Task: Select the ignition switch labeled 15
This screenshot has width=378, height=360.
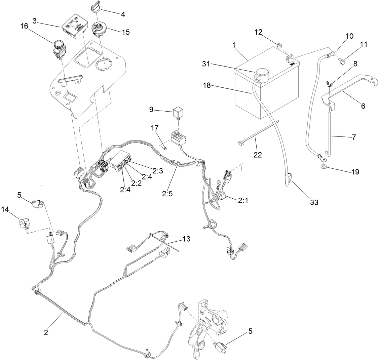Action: coord(100,28)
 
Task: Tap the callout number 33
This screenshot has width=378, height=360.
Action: coord(314,202)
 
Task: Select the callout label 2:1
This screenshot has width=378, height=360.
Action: coord(243,201)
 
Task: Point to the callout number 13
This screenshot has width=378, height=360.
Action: coord(186,239)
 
